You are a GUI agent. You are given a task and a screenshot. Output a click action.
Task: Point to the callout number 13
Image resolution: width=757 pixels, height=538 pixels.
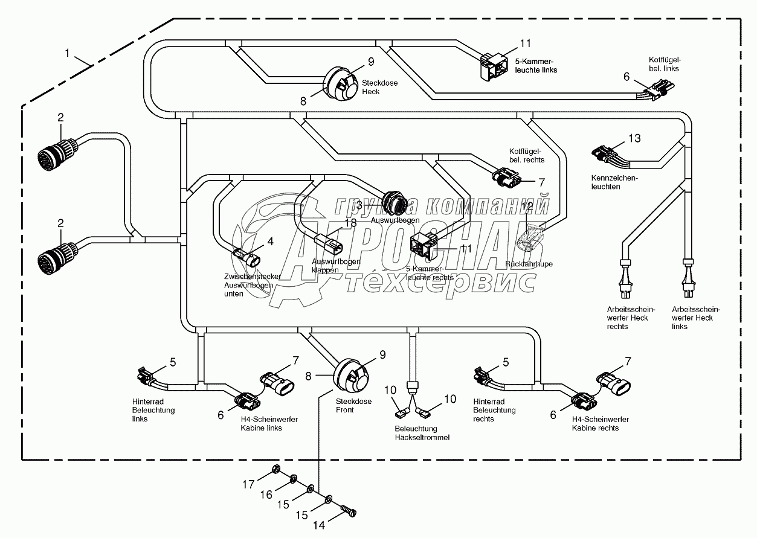pos(634,138)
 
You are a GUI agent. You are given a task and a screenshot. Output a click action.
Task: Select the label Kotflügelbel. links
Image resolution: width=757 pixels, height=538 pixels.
pos(665,64)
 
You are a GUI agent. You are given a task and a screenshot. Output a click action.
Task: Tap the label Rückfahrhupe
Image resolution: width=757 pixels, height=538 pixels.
pos(529,264)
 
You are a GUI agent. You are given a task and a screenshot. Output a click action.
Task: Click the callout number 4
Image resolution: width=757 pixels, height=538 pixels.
pos(270,242)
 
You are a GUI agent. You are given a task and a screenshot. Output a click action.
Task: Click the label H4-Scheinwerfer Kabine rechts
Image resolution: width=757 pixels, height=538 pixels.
pos(600,423)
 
